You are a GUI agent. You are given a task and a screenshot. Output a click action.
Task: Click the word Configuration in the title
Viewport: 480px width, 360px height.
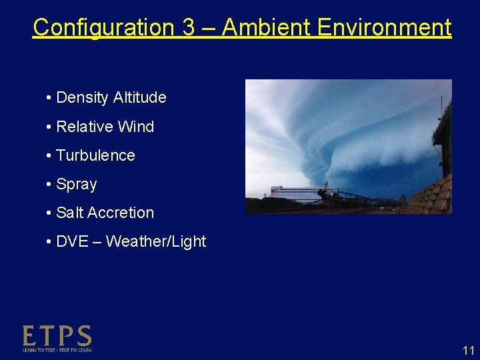(x=103, y=28)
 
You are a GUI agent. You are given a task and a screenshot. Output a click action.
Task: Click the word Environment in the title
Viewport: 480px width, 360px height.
(x=385, y=28)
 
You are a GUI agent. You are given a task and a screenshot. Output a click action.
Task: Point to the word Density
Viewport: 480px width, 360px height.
(x=83, y=98)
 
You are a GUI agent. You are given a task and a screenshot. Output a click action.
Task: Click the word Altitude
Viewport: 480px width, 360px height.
(x=139, y=98)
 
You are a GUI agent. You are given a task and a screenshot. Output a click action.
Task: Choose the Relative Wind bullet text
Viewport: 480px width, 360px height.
(x=105, y=127)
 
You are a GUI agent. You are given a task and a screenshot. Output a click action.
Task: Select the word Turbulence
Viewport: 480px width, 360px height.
(x=95, y=155)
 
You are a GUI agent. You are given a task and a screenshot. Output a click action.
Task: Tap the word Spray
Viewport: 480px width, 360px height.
(x=77, y=185)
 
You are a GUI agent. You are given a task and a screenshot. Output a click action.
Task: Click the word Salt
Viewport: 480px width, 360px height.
(x=70, y=213)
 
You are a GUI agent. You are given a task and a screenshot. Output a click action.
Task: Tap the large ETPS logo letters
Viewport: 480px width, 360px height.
(x=57, y=335)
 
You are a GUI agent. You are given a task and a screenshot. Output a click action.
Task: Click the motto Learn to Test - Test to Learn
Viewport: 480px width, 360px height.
(x=57, y=349)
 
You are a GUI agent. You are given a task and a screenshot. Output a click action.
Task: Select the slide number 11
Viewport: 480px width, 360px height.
(x=468, y=351)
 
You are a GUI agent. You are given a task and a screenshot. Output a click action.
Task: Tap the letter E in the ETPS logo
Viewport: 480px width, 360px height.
(x=30, y=335)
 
